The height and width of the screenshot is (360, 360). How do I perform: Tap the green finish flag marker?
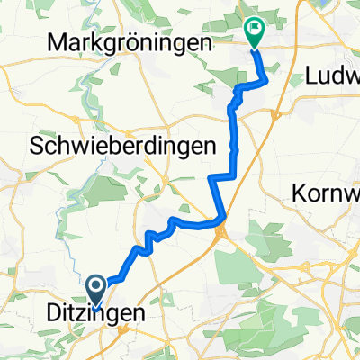point(254,31)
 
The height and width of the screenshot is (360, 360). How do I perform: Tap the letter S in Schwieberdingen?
point(38,144)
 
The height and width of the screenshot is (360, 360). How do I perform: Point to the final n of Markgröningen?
point(205,44)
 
